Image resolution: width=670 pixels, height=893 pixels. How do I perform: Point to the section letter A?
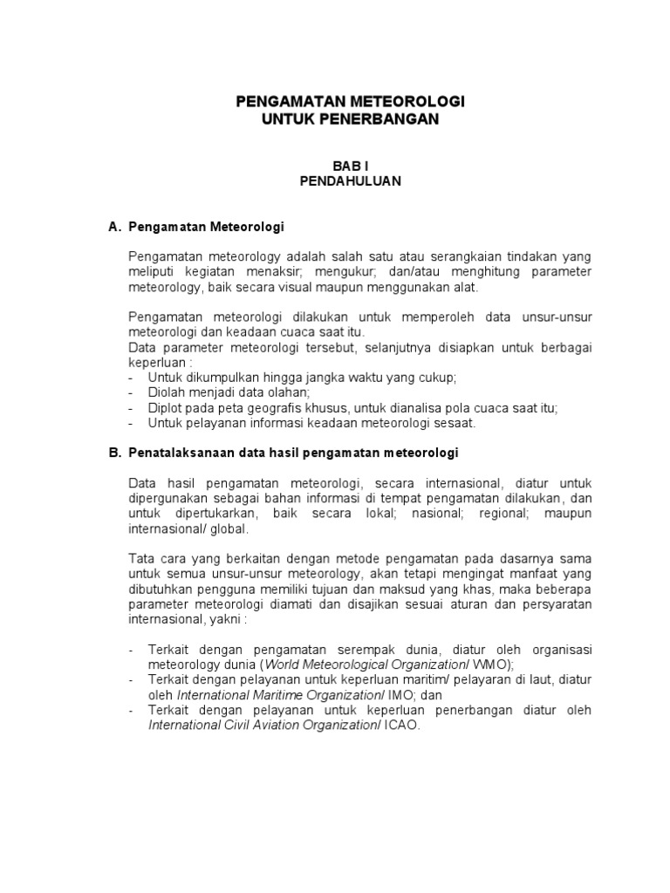[113, 227]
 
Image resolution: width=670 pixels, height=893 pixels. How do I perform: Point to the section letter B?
[113, 453]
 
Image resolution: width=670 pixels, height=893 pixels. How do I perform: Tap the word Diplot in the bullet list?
[165, 407]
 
